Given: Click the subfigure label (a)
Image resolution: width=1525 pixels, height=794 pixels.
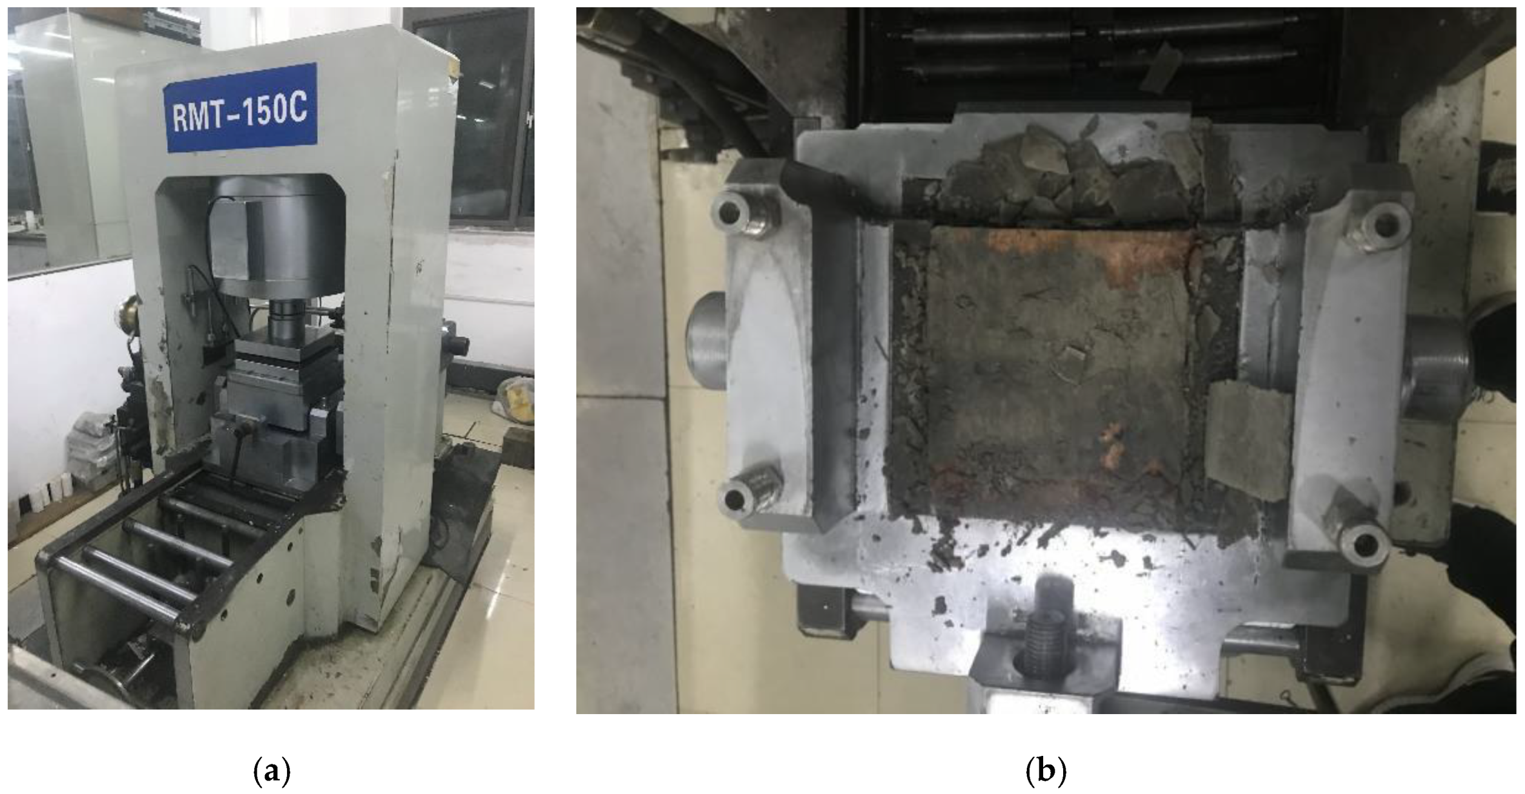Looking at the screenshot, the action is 271,773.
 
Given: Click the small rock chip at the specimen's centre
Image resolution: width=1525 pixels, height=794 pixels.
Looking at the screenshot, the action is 1073,356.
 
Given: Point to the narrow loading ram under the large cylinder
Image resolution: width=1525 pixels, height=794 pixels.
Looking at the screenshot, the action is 286,318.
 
